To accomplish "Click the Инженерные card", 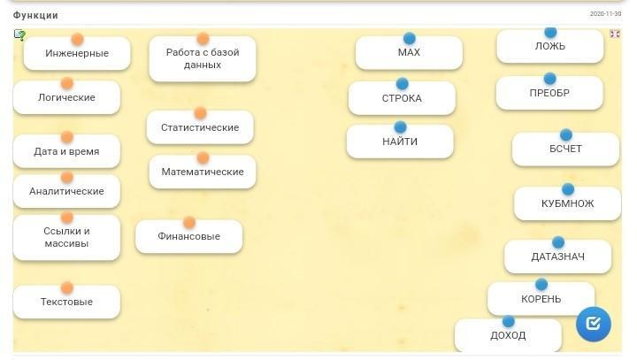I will tap(77, 54).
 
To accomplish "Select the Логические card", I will tap(66, 98).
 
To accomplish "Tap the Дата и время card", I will tap(66, 152).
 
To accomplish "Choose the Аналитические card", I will tap(66, 192).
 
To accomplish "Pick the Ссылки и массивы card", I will tap(66, 238).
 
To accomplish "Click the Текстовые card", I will tap(66, 303).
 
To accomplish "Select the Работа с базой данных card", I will tap(203, 59).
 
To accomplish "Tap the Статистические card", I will tap(200, 128).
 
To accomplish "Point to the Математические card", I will tap(203, 172).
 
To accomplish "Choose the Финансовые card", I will tap(188, 237).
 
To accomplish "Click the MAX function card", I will tap(409, 53).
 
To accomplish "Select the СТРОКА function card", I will tap(402, 99).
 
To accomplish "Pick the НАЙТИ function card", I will tap(400, 142).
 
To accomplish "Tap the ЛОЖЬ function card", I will tap(550, 47).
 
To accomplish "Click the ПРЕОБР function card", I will tap(549, 94).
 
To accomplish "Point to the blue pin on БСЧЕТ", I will tap(566, 135).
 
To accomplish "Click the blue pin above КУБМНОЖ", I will tap(568, 189).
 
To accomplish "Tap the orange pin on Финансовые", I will tap(189, 223).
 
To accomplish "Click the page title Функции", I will tap(35, 15).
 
